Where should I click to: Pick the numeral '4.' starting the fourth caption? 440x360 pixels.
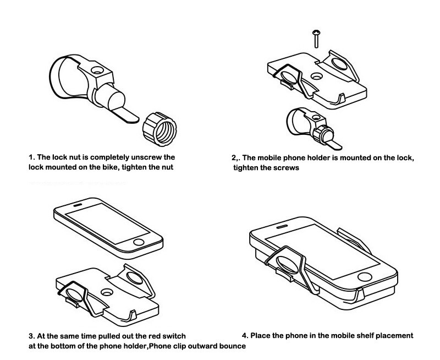(x=245, y=335)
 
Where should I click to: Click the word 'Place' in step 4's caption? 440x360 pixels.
(x=262, y=335)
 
